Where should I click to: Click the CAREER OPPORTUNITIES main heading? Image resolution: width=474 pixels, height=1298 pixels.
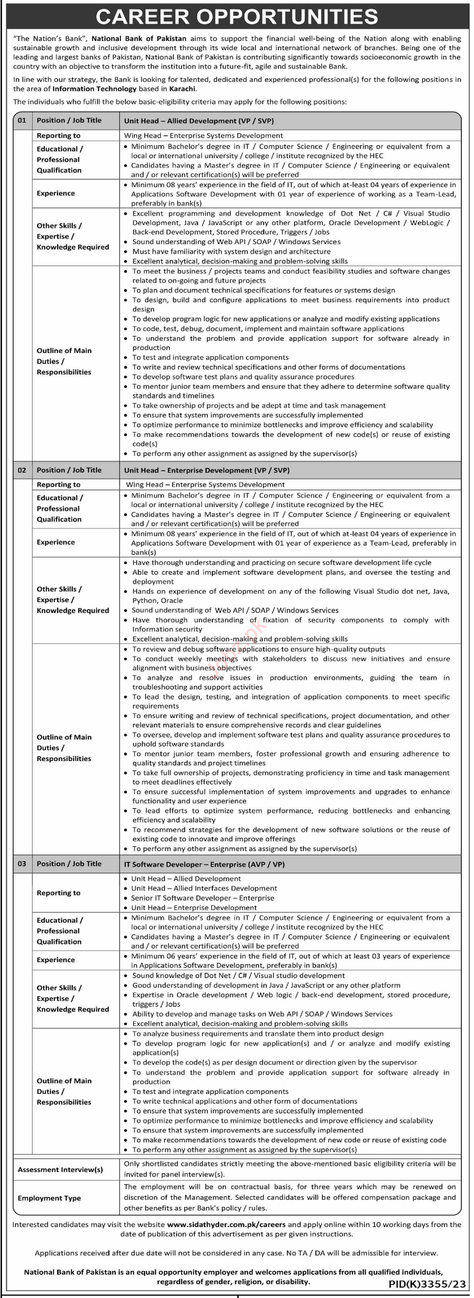237,17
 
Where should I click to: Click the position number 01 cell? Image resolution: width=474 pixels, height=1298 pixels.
22,120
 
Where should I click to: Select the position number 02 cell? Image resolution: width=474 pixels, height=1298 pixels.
22,470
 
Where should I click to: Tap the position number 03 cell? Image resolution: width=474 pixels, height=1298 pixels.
22,864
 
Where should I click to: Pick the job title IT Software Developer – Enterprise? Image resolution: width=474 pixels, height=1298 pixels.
204,864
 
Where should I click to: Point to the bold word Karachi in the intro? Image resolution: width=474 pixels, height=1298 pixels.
182,89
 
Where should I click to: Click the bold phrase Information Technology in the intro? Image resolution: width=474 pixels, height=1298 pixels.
94,89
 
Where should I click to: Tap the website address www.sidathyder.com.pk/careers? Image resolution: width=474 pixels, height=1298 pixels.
226,1224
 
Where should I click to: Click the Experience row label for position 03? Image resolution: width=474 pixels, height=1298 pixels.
55,960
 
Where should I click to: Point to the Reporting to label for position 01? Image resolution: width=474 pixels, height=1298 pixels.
58,136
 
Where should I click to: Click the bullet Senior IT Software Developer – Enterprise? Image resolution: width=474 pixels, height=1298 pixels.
203,898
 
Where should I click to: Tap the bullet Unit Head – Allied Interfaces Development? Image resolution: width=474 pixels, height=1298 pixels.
204,888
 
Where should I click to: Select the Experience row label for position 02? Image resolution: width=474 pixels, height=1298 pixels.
55,542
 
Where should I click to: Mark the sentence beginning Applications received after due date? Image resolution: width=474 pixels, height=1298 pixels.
236,1253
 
